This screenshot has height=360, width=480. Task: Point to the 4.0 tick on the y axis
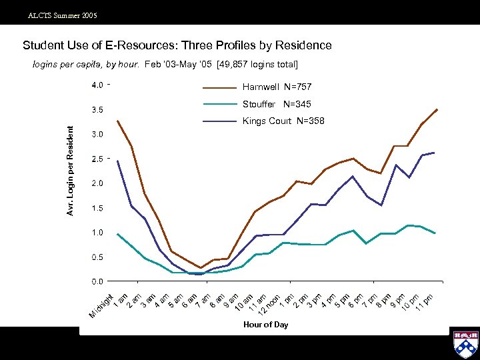point(97,85)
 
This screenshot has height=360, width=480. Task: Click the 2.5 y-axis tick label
point(97,159)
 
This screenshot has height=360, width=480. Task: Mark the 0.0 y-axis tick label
point(97,281)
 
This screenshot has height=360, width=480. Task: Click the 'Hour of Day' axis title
point(266,325)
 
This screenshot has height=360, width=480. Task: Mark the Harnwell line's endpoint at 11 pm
point(437,109)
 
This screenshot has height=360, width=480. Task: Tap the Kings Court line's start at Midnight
point(117,161)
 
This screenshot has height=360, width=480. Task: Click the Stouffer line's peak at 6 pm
point(353,231)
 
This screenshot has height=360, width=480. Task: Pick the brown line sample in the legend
point(220,87)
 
